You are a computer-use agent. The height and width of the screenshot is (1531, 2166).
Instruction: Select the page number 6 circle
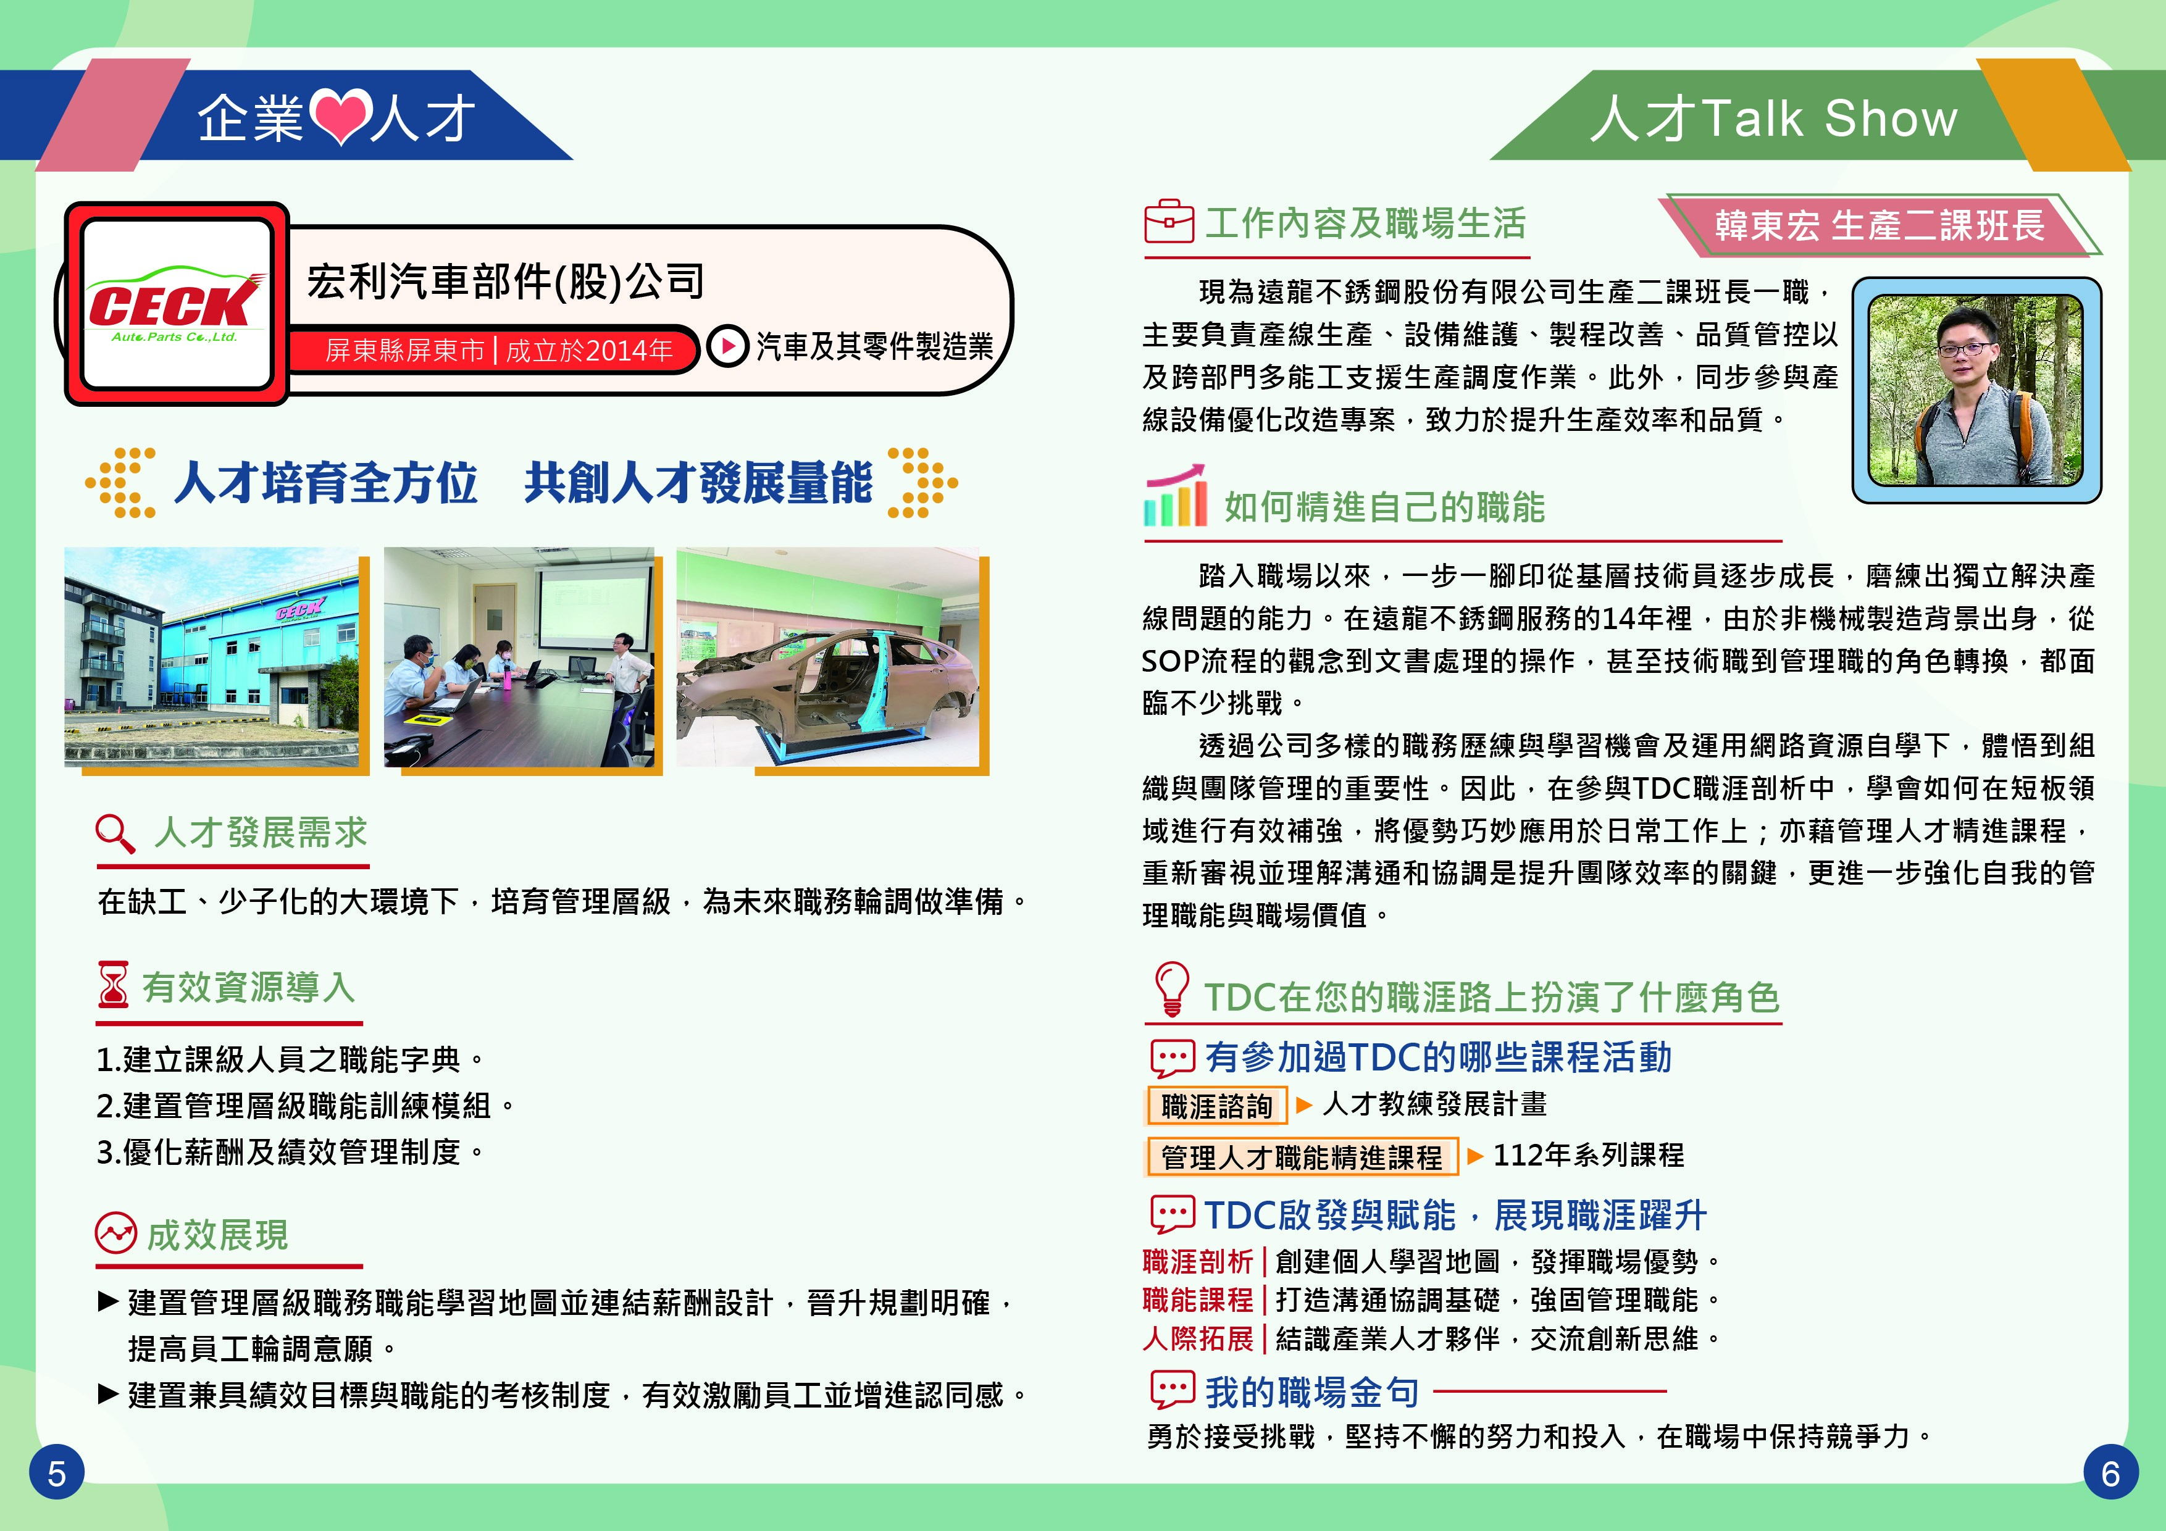(x=2110, y=1472)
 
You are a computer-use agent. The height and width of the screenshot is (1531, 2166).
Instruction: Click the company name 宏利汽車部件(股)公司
(x=506, y=281)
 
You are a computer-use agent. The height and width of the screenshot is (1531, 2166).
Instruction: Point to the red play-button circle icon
(x=727, y=346)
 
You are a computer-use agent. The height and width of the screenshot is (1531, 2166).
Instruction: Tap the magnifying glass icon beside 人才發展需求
(x=115, y=833)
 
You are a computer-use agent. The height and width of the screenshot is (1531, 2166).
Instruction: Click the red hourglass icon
(x=113, y=985)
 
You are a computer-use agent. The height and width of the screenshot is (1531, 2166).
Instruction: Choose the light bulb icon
(x=1172, y=988)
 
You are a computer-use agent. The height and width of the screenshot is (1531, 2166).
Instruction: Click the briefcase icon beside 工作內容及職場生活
(x=1169, y=221)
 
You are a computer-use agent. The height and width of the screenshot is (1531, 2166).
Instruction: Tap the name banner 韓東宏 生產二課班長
(x=1880, y=225)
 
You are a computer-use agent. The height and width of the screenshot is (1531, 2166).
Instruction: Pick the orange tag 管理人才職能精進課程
(x=1302, y=1156)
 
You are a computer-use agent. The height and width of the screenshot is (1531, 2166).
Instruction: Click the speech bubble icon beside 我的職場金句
(x=1173, y=1390)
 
